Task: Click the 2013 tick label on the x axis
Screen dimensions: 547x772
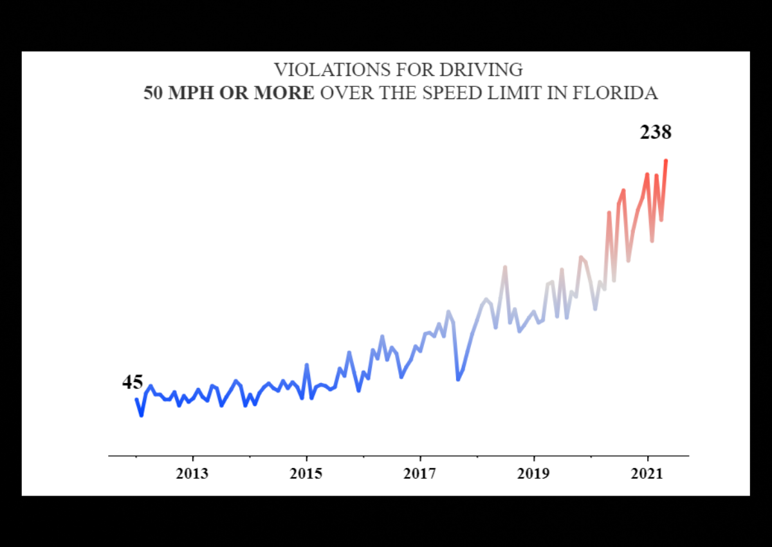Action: click(192, 474)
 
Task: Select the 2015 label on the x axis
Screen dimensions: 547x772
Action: click(307, 474)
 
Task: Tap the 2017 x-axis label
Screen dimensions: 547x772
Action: click(420, 474)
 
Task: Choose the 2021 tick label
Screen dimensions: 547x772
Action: click(647, 474)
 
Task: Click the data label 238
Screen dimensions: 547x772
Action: click(655, 133)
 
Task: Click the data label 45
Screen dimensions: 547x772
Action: click(133, 382)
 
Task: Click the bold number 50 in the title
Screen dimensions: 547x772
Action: click(153, 93)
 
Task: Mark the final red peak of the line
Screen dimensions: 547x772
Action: click(666, 160)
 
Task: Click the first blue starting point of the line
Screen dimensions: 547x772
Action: click(136, 399)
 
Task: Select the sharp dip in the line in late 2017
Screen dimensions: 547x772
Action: click(458, 380)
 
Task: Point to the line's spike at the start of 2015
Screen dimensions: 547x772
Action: click(307, 365)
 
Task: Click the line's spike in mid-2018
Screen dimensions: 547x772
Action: click(505, 267)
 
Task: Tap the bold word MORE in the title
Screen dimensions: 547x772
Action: click(284, 93)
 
